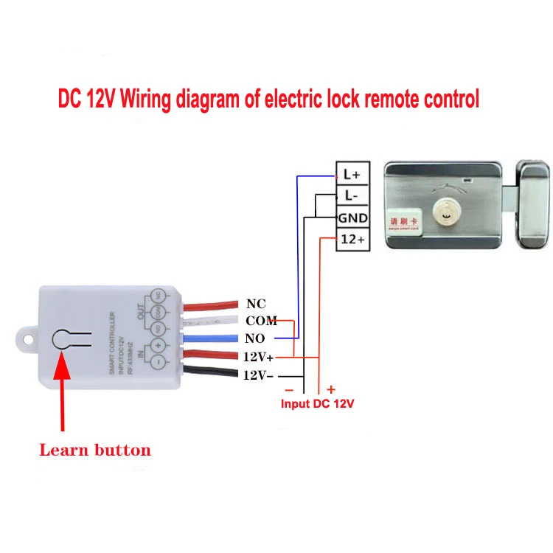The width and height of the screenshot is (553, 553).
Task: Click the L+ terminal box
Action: click(x=352, y=175)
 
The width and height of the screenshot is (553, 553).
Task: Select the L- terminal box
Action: click(x=352, y=196)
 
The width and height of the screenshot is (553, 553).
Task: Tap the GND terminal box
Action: click(x=352, y=218)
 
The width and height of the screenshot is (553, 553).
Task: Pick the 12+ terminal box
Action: click(x=352, y=240)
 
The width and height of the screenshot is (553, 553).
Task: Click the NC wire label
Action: click(x=256, y=304)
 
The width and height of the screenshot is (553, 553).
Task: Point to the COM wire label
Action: click(x=261, y=321)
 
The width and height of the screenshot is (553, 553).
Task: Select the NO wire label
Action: click(x=256, y=338)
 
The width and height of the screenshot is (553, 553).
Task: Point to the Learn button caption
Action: click(x=94, y=450)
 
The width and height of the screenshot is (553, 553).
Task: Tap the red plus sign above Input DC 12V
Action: click(x=331, y=389)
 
